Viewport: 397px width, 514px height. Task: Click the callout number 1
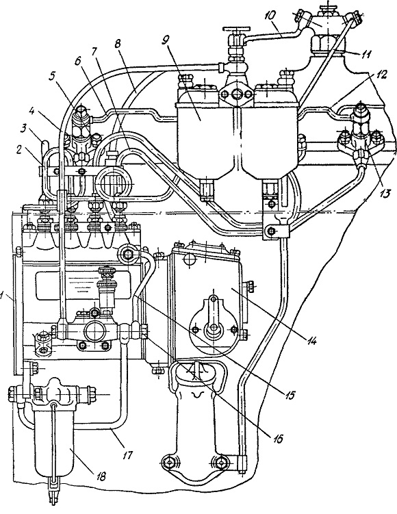click(3, 296)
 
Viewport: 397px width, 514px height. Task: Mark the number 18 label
click(101, 476)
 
